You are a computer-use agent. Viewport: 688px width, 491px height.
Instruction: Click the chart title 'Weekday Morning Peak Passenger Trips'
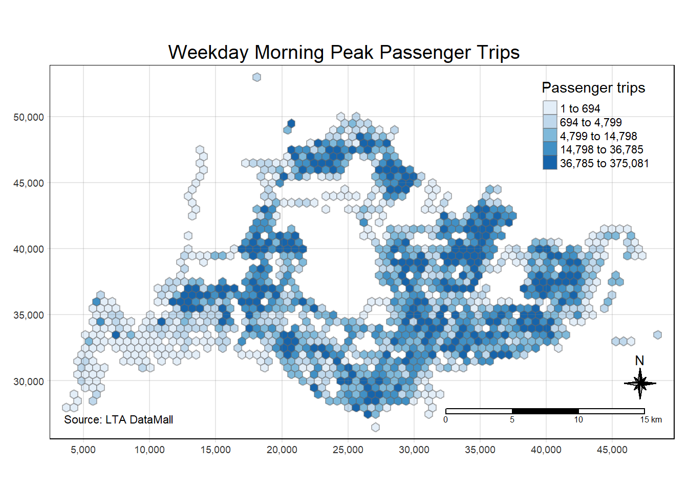click(x=344, y=52)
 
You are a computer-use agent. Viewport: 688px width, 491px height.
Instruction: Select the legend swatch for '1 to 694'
click(x=550, y=108)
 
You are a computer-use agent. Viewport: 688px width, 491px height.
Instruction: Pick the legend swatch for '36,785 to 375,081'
click(x=550, y=163)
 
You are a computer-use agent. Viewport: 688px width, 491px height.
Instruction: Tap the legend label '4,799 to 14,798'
click(x=598, y=136)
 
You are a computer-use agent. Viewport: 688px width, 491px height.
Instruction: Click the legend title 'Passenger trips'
click(x=593, y=87)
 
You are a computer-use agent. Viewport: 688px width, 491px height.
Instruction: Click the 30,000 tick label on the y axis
click(x=29, y=382)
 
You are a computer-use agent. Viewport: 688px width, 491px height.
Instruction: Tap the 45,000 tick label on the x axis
click(x=612, y=450)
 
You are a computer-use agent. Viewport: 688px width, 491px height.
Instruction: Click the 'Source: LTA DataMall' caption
click(x=118, y=419)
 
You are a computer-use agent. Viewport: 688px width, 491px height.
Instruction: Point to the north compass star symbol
click(x=640, y=383)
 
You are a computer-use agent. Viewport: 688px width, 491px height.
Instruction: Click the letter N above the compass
click(x=639, y=361)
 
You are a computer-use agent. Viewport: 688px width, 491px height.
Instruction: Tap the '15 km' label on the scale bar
click(x=651, y=419)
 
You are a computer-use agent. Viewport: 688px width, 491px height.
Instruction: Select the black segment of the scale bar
click(x=545, y=411)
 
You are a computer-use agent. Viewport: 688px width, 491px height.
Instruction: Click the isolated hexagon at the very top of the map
click(x=256, y=77)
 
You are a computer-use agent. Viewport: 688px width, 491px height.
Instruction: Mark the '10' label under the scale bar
click(x=578, y=419)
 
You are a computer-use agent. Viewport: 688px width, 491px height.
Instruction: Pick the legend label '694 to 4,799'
click(x=591, y=122)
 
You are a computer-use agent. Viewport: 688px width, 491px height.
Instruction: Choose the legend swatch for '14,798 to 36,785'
click(x=550, y=149)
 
